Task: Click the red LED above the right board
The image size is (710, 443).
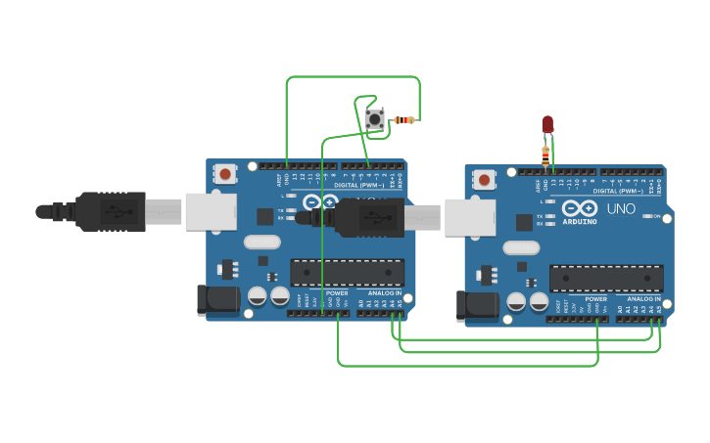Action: (547, 124)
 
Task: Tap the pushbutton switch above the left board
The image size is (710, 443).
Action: (375, 119)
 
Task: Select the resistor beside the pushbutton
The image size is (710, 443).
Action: (403, 120)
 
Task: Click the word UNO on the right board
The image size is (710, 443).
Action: (621, 209)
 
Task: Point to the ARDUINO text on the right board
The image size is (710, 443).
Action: (580, 222)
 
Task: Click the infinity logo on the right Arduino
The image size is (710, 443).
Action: (580, 208)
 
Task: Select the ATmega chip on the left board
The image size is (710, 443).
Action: (348, 272)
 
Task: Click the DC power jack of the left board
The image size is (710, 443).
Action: (217, 300)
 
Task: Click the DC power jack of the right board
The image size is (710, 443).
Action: (477, 306)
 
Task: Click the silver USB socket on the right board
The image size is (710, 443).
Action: (469, 217)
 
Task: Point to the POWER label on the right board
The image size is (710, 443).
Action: (595, 298)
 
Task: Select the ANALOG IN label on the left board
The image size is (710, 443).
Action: (385, 292)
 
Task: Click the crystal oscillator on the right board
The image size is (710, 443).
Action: (521, 247)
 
